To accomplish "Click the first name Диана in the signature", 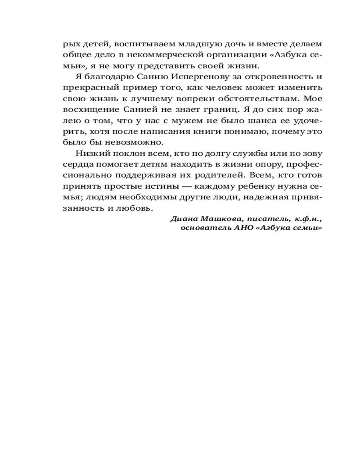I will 181,219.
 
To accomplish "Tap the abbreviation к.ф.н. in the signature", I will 309,219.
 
